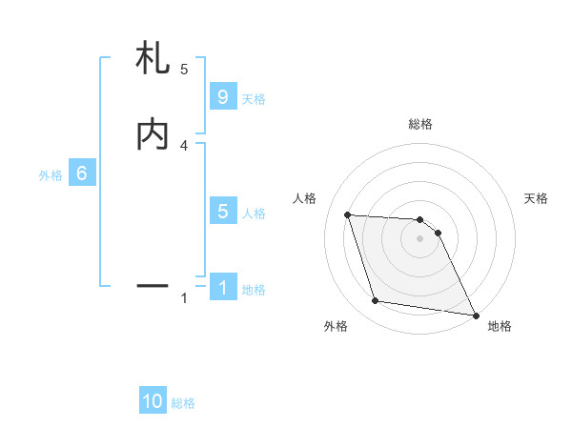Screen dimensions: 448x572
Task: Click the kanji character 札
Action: tap(153, 60)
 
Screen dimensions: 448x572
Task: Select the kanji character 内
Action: tap(153, 134)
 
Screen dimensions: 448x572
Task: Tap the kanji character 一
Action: tap(153, 284)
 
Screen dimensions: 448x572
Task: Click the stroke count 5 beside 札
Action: tap(184, 69)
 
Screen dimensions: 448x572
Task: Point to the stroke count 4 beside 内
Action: tap(184, 145)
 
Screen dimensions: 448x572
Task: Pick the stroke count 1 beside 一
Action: tap(184, 298)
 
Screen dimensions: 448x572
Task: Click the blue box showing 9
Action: tap(223, 97)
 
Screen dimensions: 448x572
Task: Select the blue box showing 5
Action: tap(223, 212)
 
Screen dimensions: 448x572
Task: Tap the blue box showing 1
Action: tap(223, 288)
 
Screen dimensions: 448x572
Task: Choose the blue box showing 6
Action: tap(82, 173)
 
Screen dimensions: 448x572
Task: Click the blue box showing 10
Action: tap(153, 401)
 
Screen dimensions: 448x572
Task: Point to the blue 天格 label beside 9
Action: tap(254, 98)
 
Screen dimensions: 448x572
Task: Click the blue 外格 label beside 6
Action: tap(51, 175)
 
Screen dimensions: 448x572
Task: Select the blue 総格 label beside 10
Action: tap(183, 403)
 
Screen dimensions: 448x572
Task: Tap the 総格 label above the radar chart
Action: tap(420, 124)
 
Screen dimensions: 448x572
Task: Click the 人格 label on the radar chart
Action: tap(305, 198)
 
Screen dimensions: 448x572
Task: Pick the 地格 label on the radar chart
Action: tap(500, 326)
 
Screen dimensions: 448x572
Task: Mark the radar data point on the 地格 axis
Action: tap(475, 315)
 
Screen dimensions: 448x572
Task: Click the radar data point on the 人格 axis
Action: tap(348, 214)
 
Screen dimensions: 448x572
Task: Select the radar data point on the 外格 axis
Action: tap(376, 301)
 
